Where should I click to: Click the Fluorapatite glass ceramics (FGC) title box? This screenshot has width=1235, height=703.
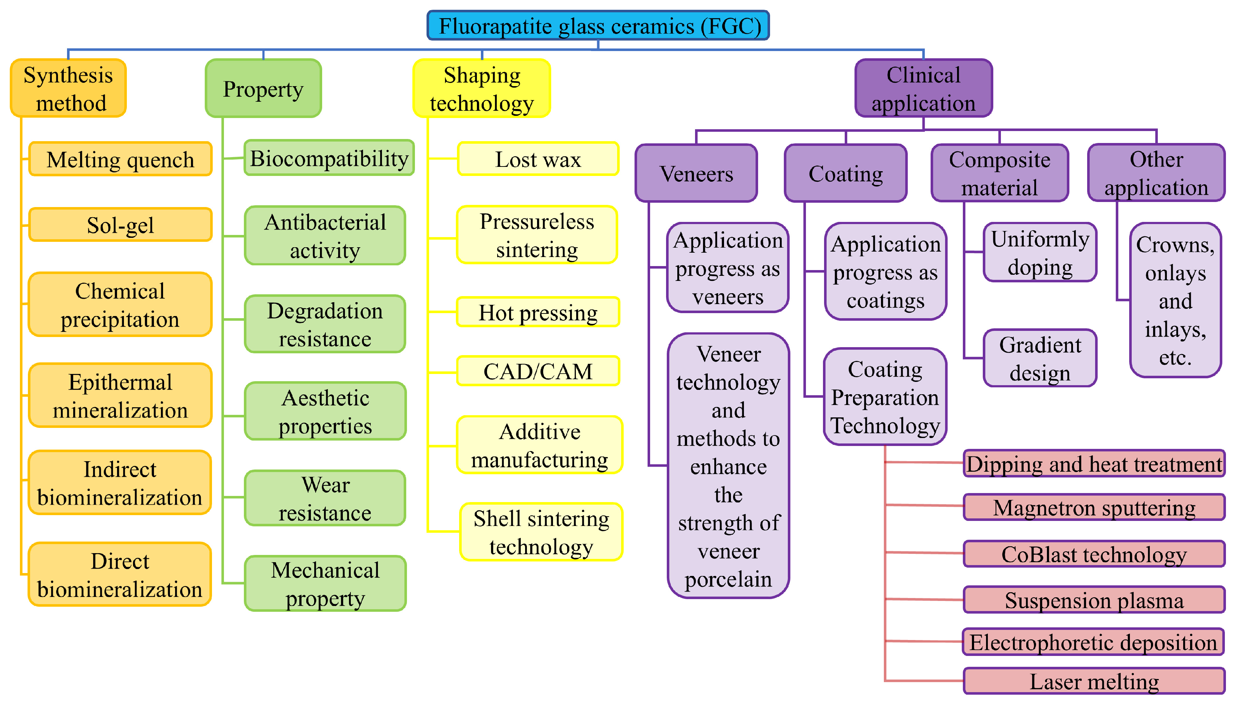598,26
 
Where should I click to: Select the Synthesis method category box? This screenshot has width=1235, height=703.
68,88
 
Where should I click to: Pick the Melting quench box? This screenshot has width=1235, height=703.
120,159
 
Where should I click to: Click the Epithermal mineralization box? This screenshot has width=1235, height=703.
120,395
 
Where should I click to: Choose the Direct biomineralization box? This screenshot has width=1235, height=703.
120,574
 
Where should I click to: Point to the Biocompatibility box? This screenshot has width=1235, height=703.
329,158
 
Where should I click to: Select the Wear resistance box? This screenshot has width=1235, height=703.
325,498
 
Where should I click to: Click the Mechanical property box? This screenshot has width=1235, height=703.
325,584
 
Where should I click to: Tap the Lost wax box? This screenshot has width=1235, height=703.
538,159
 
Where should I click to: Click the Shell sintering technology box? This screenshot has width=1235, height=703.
541,532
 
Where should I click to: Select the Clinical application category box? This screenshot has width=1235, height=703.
923,88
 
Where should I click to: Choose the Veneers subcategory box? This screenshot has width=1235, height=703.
696,173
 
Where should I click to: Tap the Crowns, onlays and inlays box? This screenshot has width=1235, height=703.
1176,300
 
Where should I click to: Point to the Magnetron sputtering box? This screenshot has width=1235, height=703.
1094,508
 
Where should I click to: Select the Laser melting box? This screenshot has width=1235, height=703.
1094,681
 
